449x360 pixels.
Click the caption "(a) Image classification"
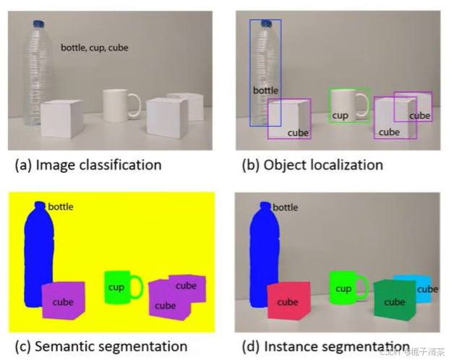(87, 166)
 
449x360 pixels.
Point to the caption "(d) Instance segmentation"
(325, 346)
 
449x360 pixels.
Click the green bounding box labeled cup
(349, 90)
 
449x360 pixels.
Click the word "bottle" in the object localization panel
(265, 91)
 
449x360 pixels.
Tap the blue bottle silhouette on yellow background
(38, 253)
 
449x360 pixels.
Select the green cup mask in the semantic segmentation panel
(118, 287)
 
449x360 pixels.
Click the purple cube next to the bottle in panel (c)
(63, 300)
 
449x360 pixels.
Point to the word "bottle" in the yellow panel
(60, 207)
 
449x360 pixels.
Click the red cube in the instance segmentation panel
(288, 301)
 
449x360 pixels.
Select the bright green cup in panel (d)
(343, 287)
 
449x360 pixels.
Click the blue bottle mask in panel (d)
(262, 253)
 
